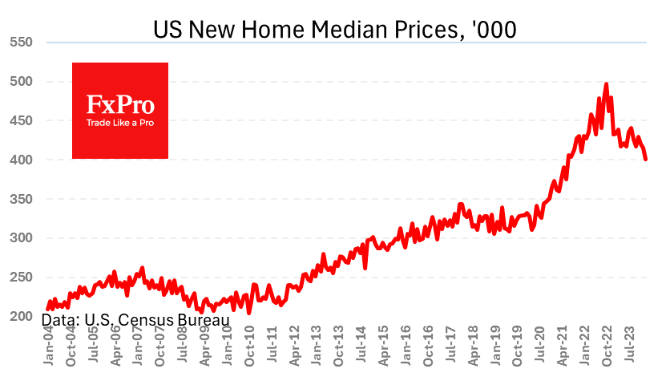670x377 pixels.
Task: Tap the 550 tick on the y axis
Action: point(22,43)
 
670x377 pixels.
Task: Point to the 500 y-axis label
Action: point(22,81)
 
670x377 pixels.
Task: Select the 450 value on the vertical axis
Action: point(22,120)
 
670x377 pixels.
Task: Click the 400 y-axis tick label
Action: point(22,160)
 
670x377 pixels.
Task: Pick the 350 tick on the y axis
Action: point(22,199)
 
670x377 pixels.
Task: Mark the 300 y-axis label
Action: point(22,238)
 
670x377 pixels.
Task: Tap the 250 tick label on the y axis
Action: point(22,278)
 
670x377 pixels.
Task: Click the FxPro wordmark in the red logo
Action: point(120,104)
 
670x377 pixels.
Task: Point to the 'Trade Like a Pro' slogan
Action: point(120,124)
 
